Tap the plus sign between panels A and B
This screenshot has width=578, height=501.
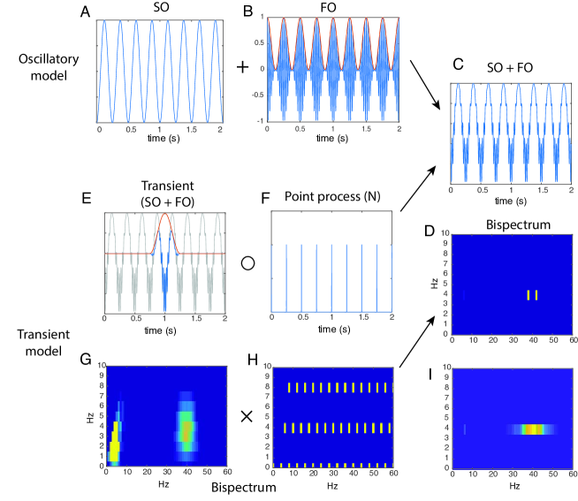pos(240,67)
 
